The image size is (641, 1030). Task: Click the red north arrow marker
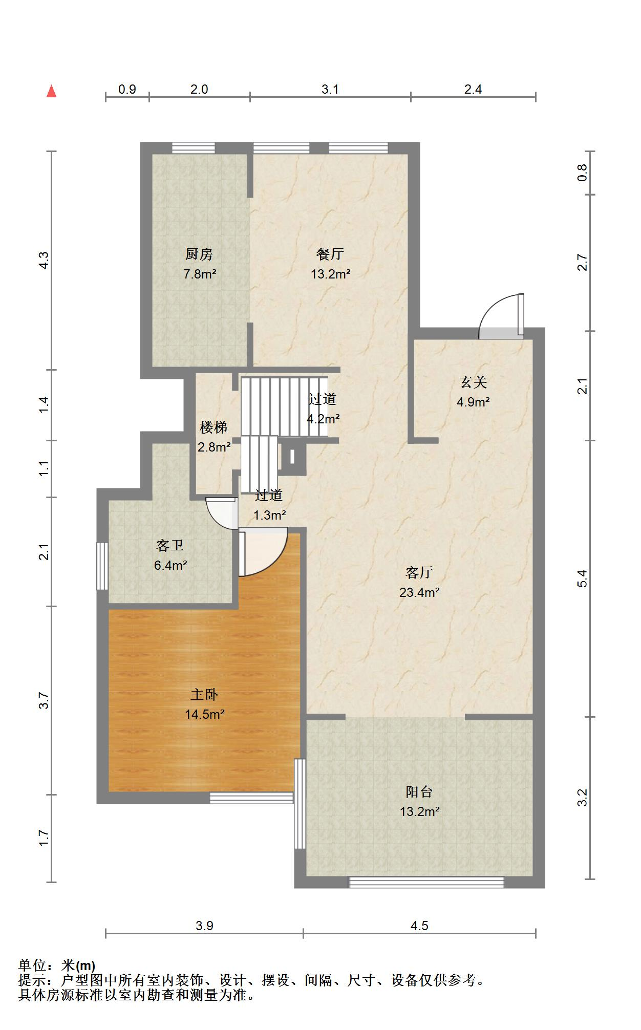(51, 91)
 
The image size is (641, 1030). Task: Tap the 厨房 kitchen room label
(199, 254)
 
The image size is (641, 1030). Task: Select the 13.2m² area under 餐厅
(330, 274)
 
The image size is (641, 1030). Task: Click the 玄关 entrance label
(473, 382)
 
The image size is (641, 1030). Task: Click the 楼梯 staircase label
(213, 427)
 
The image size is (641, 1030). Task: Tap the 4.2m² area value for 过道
(323, 419)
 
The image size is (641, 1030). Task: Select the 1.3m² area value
(269, 515)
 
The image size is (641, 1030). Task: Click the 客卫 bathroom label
(170, 546)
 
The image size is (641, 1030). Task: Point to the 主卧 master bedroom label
(204, 694)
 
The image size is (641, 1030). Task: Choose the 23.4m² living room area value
(419, 592)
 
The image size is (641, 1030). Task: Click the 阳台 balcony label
(419, 791)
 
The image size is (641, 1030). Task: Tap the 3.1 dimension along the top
(330, 90)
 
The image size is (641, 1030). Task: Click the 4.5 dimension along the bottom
(419, 926)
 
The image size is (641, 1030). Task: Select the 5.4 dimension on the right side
(582, 578)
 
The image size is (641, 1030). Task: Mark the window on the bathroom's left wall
(102, 566)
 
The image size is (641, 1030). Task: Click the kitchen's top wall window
(193, 147)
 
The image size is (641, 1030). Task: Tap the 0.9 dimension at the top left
(127, 90)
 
